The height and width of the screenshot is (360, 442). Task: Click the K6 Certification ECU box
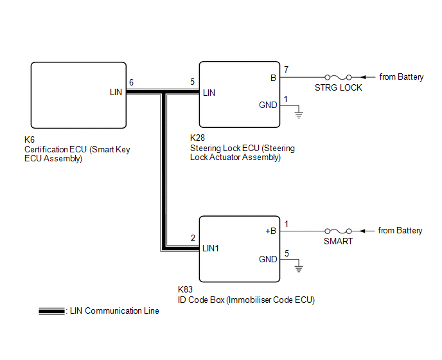coord(78,94)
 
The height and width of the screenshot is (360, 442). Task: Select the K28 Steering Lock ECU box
coord(239,94)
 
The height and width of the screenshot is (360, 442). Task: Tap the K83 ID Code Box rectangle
coord(239,249)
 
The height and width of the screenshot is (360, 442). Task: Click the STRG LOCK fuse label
coord(338,87)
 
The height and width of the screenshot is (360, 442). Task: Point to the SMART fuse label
coord(338,242)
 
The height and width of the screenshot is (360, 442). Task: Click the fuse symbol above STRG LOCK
coord(338,77)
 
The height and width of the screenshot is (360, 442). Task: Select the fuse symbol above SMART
coord(338,231)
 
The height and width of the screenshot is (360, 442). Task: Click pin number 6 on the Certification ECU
coord(132,83)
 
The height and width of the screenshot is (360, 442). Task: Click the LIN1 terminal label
coord(211,248)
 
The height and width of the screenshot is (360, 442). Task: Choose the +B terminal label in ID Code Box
coord(271,231)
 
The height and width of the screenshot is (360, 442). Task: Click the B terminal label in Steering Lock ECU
coord(273,77)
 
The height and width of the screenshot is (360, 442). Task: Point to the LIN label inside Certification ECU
coord(116,93)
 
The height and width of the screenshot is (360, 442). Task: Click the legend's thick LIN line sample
coord(51,311)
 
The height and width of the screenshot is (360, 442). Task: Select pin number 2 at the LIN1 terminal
coord(193,237)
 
